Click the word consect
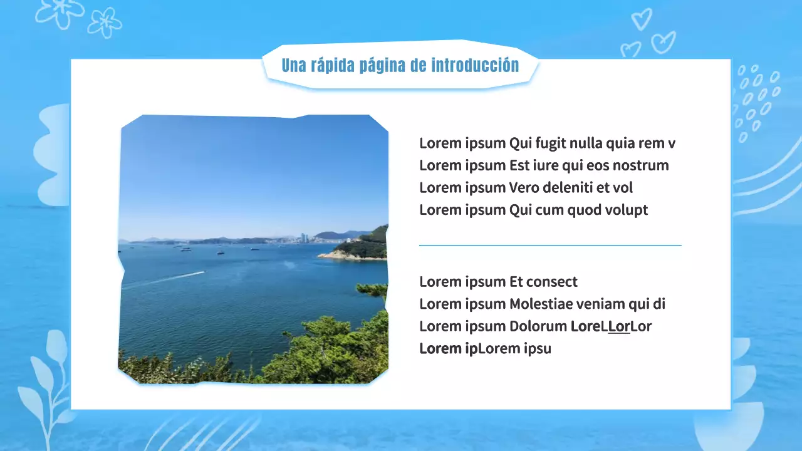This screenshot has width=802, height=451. coord(552,282)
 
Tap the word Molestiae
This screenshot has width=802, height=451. coord(546,304)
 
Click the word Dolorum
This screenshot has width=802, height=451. coord(538,326)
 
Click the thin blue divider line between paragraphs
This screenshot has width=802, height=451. coord(549,246)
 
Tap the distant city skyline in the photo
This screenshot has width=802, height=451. coord(304,238)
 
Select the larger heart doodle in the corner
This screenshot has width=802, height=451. coord(663,43)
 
